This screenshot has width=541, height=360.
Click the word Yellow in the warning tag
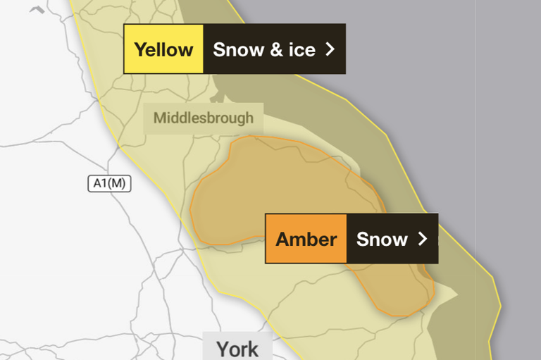pos(163,49)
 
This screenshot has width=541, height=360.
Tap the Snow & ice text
pos(264,49)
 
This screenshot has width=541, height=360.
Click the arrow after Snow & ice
pos(329,49)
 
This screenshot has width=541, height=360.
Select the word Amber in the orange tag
pos(306,239)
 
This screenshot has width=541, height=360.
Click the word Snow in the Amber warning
pos(382,239)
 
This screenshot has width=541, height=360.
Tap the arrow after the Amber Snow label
pos(423,239)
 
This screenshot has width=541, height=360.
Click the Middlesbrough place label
pos(203,118)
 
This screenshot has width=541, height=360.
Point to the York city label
pos(237,349)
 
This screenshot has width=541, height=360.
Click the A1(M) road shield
pos(109,184)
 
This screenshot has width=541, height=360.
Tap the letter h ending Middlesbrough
pos(249,118)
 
